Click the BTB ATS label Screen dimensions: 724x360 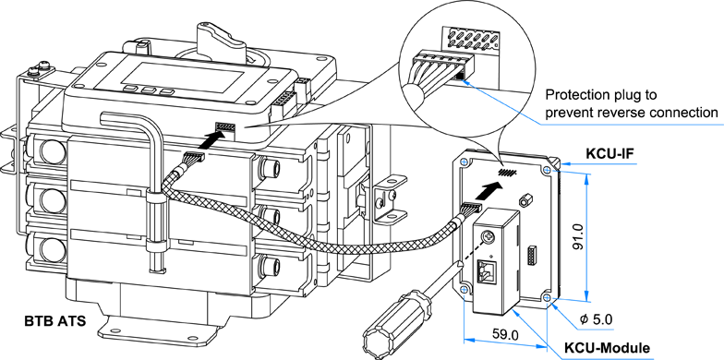55,321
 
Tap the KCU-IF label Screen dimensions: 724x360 608,153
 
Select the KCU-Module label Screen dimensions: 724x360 608,347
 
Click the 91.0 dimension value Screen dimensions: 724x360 577,236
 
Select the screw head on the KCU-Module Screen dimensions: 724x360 488,238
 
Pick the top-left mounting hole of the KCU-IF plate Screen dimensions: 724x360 464,162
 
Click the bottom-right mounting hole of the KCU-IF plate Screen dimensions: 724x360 547,297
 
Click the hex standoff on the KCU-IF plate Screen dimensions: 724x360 524,201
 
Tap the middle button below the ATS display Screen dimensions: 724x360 148,90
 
